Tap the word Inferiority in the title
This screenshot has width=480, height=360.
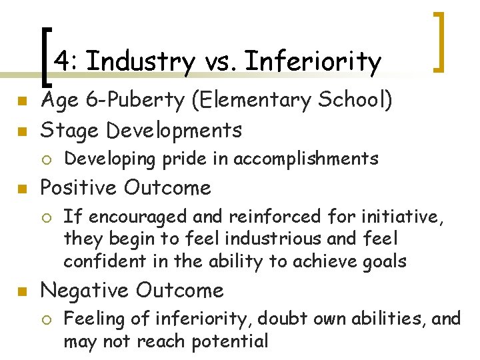pyautogui.click(x=313, y=62)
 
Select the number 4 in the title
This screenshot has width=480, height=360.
pyautogui.click(x=61, y=62)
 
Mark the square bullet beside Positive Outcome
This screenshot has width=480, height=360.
pyautogui.click(x=21, y=189)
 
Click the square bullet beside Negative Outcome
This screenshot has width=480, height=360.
pyautogui.click(x=21, y=291)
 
